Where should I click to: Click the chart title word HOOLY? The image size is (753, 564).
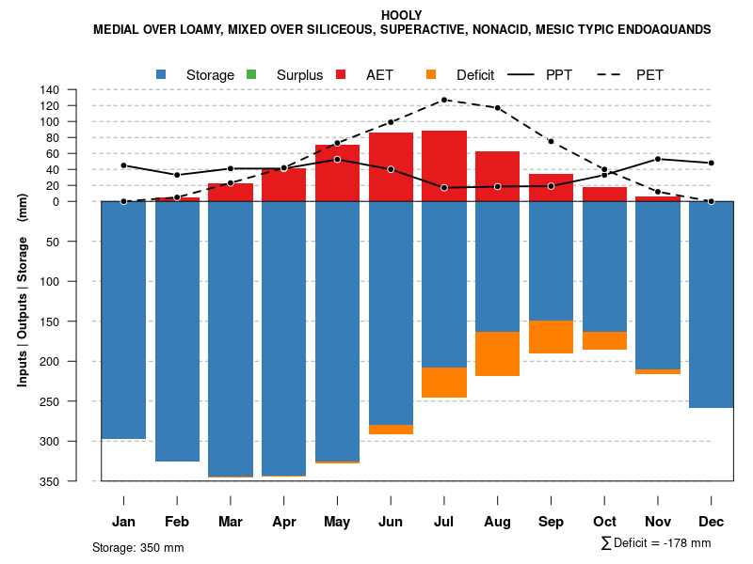click(x=402, y=15)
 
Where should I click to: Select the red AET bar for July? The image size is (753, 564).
click(x=444, y=165)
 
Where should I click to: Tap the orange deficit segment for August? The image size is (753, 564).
click(x=498, y=353)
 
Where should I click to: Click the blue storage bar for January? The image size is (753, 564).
click(x=123, y=320)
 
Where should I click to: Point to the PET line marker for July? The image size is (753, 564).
click(x=444, y=100)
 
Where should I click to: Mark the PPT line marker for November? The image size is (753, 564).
click(x=658, y=159)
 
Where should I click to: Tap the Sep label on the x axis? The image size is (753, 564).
click(x=552, y=522)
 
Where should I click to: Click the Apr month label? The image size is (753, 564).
click(x=284, y=522)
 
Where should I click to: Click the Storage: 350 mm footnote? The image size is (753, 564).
click(x=138, y=548)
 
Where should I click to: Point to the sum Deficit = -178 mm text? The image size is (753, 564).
click(x=656, y=543)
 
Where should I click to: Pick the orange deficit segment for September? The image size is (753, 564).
click(x=552, y=337)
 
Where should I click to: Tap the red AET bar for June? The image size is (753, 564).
click(x=391, y=166)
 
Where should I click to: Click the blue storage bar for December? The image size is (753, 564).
click(x=712, y=305)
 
